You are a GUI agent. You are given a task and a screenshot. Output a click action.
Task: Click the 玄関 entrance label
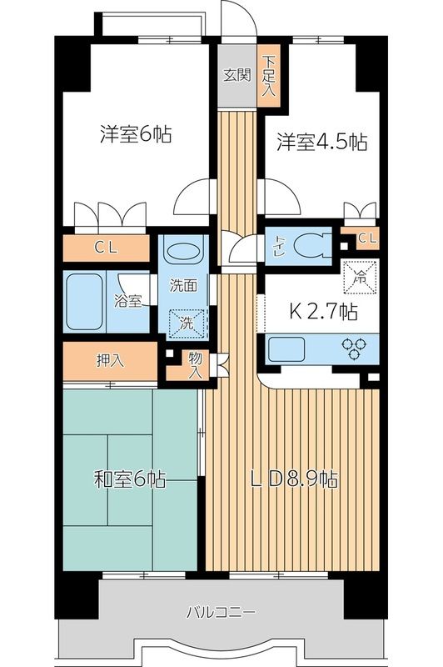[x=236, y=73]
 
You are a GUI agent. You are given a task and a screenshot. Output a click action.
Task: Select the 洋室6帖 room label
[x=136, y=133]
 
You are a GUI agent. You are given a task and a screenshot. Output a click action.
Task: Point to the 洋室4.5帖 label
[x=321, y=143]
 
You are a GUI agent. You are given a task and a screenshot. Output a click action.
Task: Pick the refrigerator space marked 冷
[x=360, y=276]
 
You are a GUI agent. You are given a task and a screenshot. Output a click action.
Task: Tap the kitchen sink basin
[x=289, y=348]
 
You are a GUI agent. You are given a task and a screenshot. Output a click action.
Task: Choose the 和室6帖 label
[x=129, y=479]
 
